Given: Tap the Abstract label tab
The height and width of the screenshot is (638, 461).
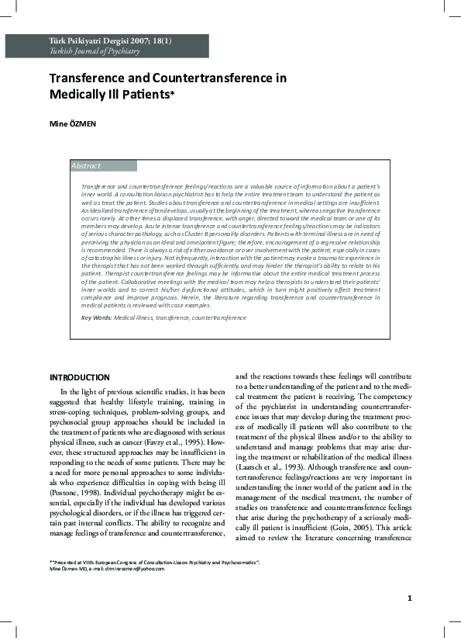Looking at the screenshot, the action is point(86,166).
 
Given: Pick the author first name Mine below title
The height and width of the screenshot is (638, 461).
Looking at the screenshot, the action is point(57,123).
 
